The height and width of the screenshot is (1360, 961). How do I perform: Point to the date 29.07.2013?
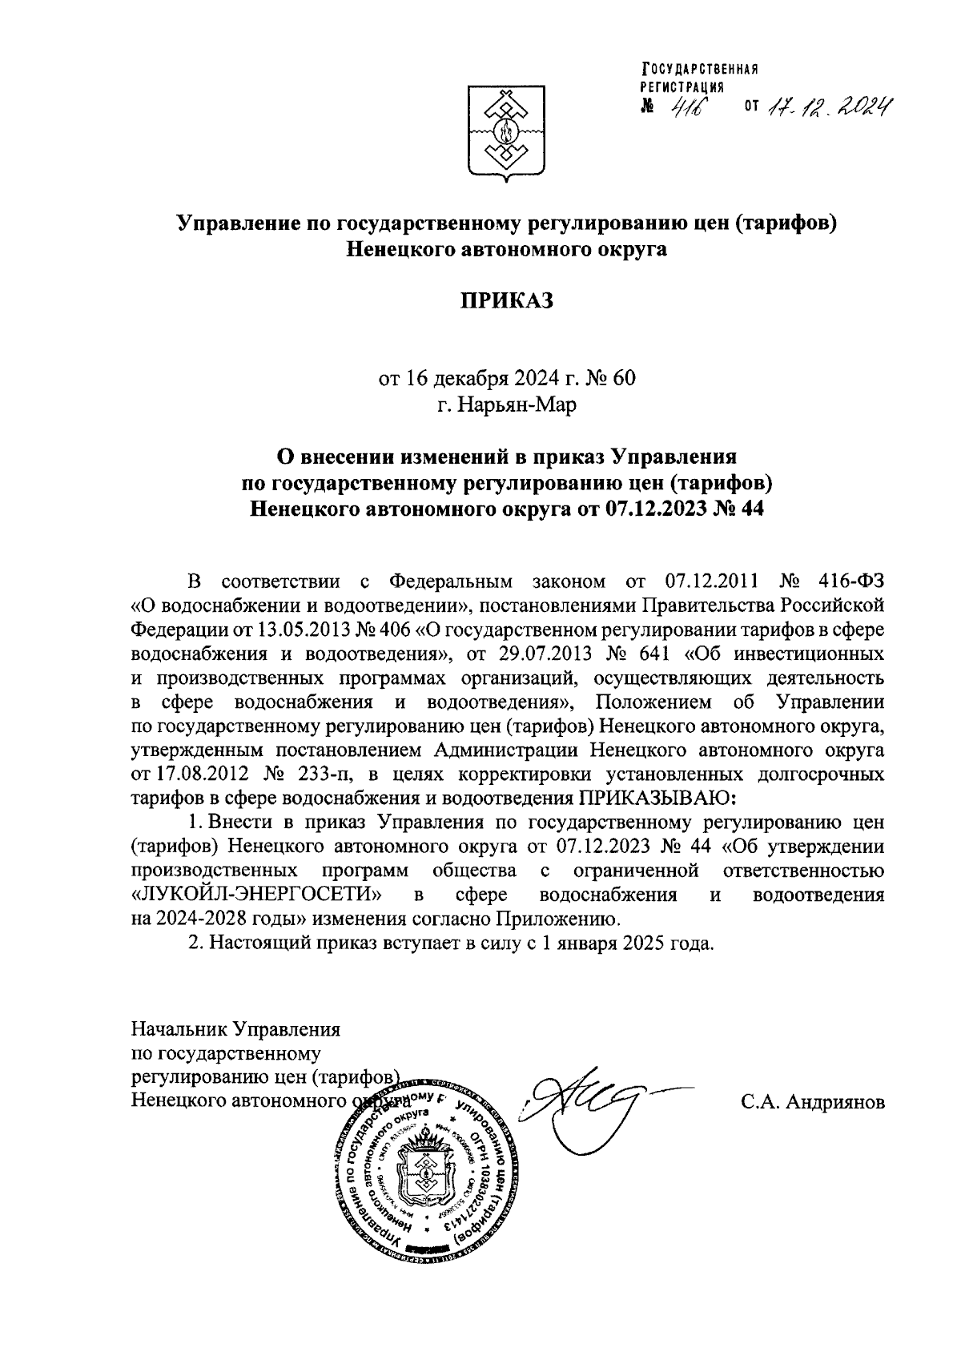coord(544,653)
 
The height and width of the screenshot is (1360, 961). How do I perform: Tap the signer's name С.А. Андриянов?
coord(813,1103)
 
